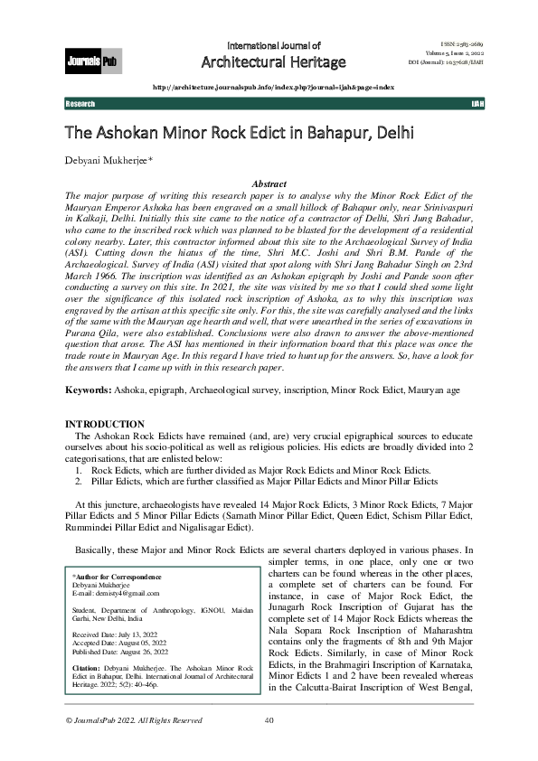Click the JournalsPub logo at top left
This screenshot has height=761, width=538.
pyautogui.click(x=93, y=62)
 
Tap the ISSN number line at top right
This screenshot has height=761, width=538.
pyautogui.click(x=449, y=42)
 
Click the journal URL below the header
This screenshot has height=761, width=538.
pyautogui.click(x=274, y=87)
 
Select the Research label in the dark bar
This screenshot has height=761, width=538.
pyautogui.click(x=80, y=105)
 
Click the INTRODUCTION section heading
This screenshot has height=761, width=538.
pyautogui.click(x=105, y=424)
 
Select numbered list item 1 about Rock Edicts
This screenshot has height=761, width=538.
pyautogui.click(x=252, y=471)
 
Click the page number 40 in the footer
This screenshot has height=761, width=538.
pyautogui.click(x=269, y=720)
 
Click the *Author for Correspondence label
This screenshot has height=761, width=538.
pyautogui.click(x=104, y=576)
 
